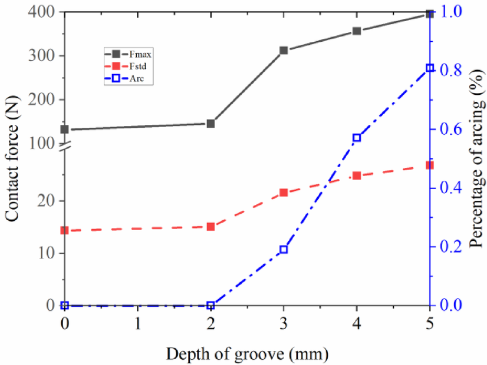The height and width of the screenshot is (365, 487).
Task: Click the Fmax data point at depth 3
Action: coord(284,51)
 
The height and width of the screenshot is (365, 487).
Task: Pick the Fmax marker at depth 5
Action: coord(430,14)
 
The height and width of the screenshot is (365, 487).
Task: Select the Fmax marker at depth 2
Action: coord(210,124)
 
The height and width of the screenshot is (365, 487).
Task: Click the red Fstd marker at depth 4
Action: coord(357,175)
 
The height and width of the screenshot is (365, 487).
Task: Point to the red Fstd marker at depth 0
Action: coord(65,230)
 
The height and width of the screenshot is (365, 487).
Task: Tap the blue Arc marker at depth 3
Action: coord(284,250)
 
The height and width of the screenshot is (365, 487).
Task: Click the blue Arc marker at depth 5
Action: coord(430,68)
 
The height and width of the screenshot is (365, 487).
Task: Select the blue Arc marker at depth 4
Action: coord(357,138)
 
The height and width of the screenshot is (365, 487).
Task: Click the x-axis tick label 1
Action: coord(137,324)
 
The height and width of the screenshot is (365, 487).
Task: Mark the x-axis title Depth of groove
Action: coord(246,354)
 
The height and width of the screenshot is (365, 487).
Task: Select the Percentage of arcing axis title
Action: coord(475,159)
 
